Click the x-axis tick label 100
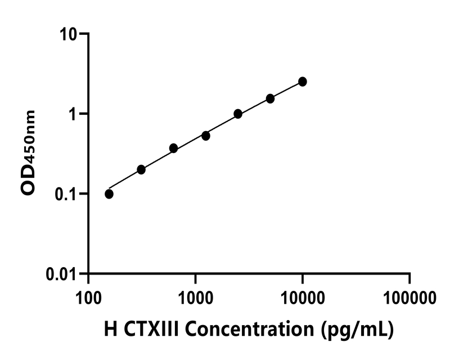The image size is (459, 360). [89, 296]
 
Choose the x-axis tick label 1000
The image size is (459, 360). [195, 296]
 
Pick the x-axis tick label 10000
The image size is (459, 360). [303, 296]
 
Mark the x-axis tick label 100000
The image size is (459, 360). [409, 296]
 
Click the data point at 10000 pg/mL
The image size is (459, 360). [303, 82]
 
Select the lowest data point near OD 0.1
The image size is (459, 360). [109, 194]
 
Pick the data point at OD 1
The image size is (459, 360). [238, 114]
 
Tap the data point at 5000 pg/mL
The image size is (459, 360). [271, 98]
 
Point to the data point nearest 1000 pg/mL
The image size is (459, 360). [206, 136]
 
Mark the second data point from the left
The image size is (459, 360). [141, 169]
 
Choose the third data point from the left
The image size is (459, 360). [173, 148]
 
